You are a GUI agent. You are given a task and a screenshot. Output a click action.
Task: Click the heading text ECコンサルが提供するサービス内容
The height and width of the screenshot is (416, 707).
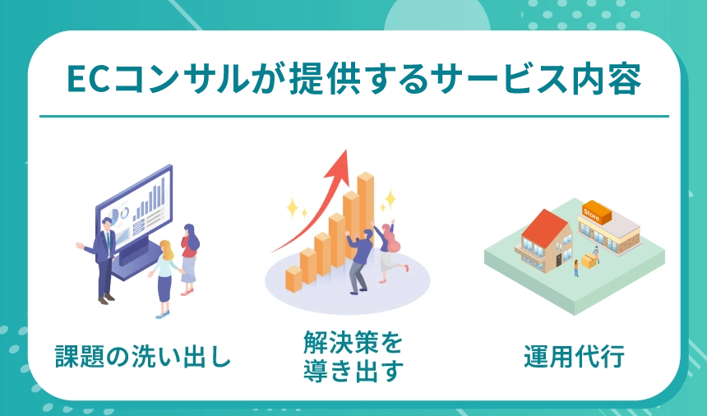[353, 81]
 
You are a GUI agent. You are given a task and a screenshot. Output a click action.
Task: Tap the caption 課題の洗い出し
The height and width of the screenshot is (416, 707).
[142, 357]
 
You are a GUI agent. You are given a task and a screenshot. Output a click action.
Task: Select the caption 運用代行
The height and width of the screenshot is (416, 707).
[575, 357]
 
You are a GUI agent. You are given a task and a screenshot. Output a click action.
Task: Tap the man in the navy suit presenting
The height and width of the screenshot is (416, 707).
[105, 255]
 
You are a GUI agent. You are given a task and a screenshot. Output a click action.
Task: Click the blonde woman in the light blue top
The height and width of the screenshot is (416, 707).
[164, 275]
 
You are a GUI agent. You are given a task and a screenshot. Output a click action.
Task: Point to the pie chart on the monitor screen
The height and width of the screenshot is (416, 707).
[124, 213]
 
